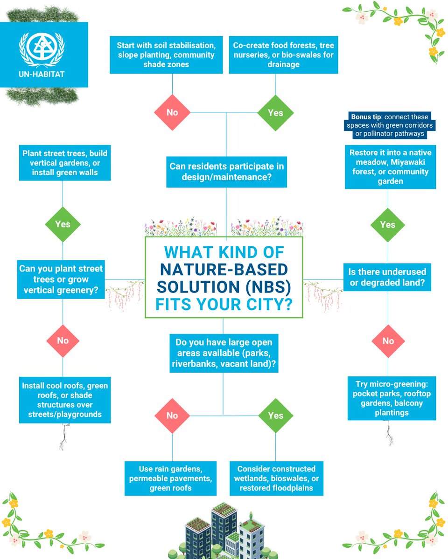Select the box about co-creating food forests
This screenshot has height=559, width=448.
[283, 55]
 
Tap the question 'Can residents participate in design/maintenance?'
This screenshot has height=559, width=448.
[226, 171]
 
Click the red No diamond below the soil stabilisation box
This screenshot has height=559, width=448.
[172, 112]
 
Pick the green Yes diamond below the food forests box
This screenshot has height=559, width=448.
[275, 112]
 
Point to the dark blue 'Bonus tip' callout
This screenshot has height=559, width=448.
[390, 125]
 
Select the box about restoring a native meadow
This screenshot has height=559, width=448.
[390, 167]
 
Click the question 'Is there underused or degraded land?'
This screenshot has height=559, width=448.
[387, 277]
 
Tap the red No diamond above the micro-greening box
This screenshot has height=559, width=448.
[388, 341]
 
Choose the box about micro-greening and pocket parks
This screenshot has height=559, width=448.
[392, 398]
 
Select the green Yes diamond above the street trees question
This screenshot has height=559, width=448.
[63, 224]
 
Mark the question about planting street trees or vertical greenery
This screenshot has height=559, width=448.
[61, 279]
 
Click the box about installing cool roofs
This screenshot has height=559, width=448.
[65, 400]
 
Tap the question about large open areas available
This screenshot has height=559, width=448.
[224, 352]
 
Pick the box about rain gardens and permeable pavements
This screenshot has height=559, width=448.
[170, 478]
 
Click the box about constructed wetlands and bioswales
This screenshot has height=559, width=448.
[276, 478]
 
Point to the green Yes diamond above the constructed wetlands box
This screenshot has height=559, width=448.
[275, 415]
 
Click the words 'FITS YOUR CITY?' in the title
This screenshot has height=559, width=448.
[224, 305]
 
